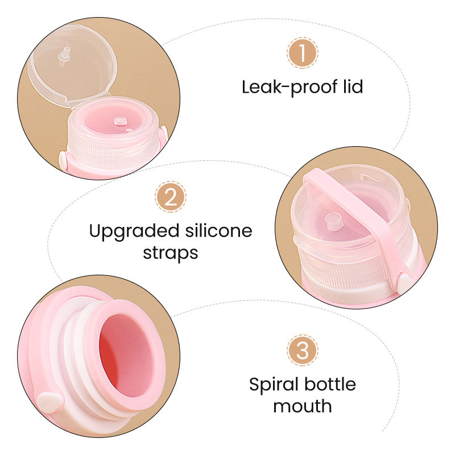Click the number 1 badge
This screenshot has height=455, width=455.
tap(303, 54)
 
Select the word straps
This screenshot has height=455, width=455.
tap(170, 253)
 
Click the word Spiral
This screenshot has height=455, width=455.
tap(272, 384)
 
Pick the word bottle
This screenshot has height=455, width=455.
tap(328, 384)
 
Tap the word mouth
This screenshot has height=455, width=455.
tap(302, 406)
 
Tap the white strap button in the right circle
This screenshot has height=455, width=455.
tap(406, 280)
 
